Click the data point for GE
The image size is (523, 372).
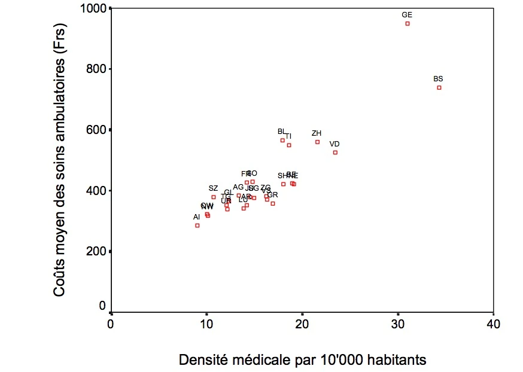coord(408,23)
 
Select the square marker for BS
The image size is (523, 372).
coord(439,87)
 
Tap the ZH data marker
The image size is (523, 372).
coord(318,142)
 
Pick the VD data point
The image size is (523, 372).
coord(336,153)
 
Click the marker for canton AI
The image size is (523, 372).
coord(197,225)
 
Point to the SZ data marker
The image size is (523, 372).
coord(214,197)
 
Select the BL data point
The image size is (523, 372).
coord(282,141)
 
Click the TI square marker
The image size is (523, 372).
coord(289,145)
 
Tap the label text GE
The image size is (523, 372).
coord(407,14)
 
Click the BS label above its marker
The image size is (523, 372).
coord(438,79)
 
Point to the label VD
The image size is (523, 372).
coord(335,144)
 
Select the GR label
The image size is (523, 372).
coord(273,195)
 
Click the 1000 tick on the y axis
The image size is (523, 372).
coord(96,8)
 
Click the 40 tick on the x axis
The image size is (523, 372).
coord(493,325)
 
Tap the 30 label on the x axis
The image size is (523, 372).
coord(398,325)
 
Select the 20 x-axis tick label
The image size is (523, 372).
coord(302,325)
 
